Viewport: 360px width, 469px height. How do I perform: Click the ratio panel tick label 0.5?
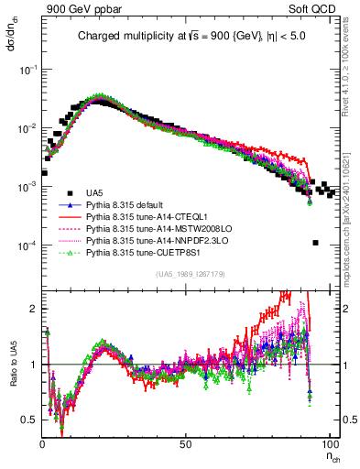(x=29, y=420)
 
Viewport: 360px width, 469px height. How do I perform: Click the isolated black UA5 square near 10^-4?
(x=315, y=243)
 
